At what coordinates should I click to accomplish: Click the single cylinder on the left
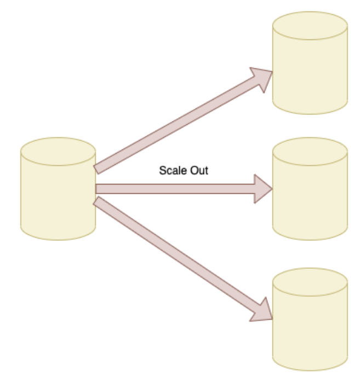[58, 197]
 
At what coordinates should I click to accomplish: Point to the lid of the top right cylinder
[310, 25]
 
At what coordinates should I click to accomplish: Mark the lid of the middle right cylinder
[310, 150]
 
